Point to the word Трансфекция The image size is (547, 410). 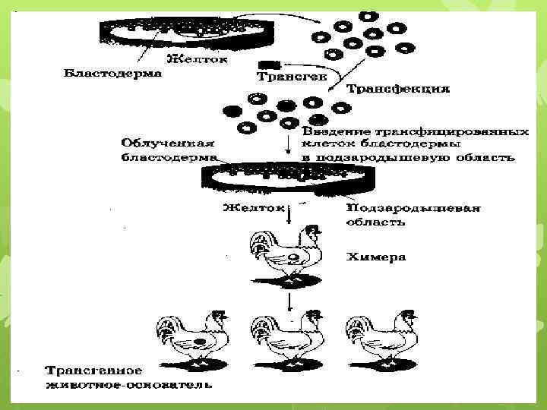(x=398, y=89)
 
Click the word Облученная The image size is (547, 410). (x=168, y=143)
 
